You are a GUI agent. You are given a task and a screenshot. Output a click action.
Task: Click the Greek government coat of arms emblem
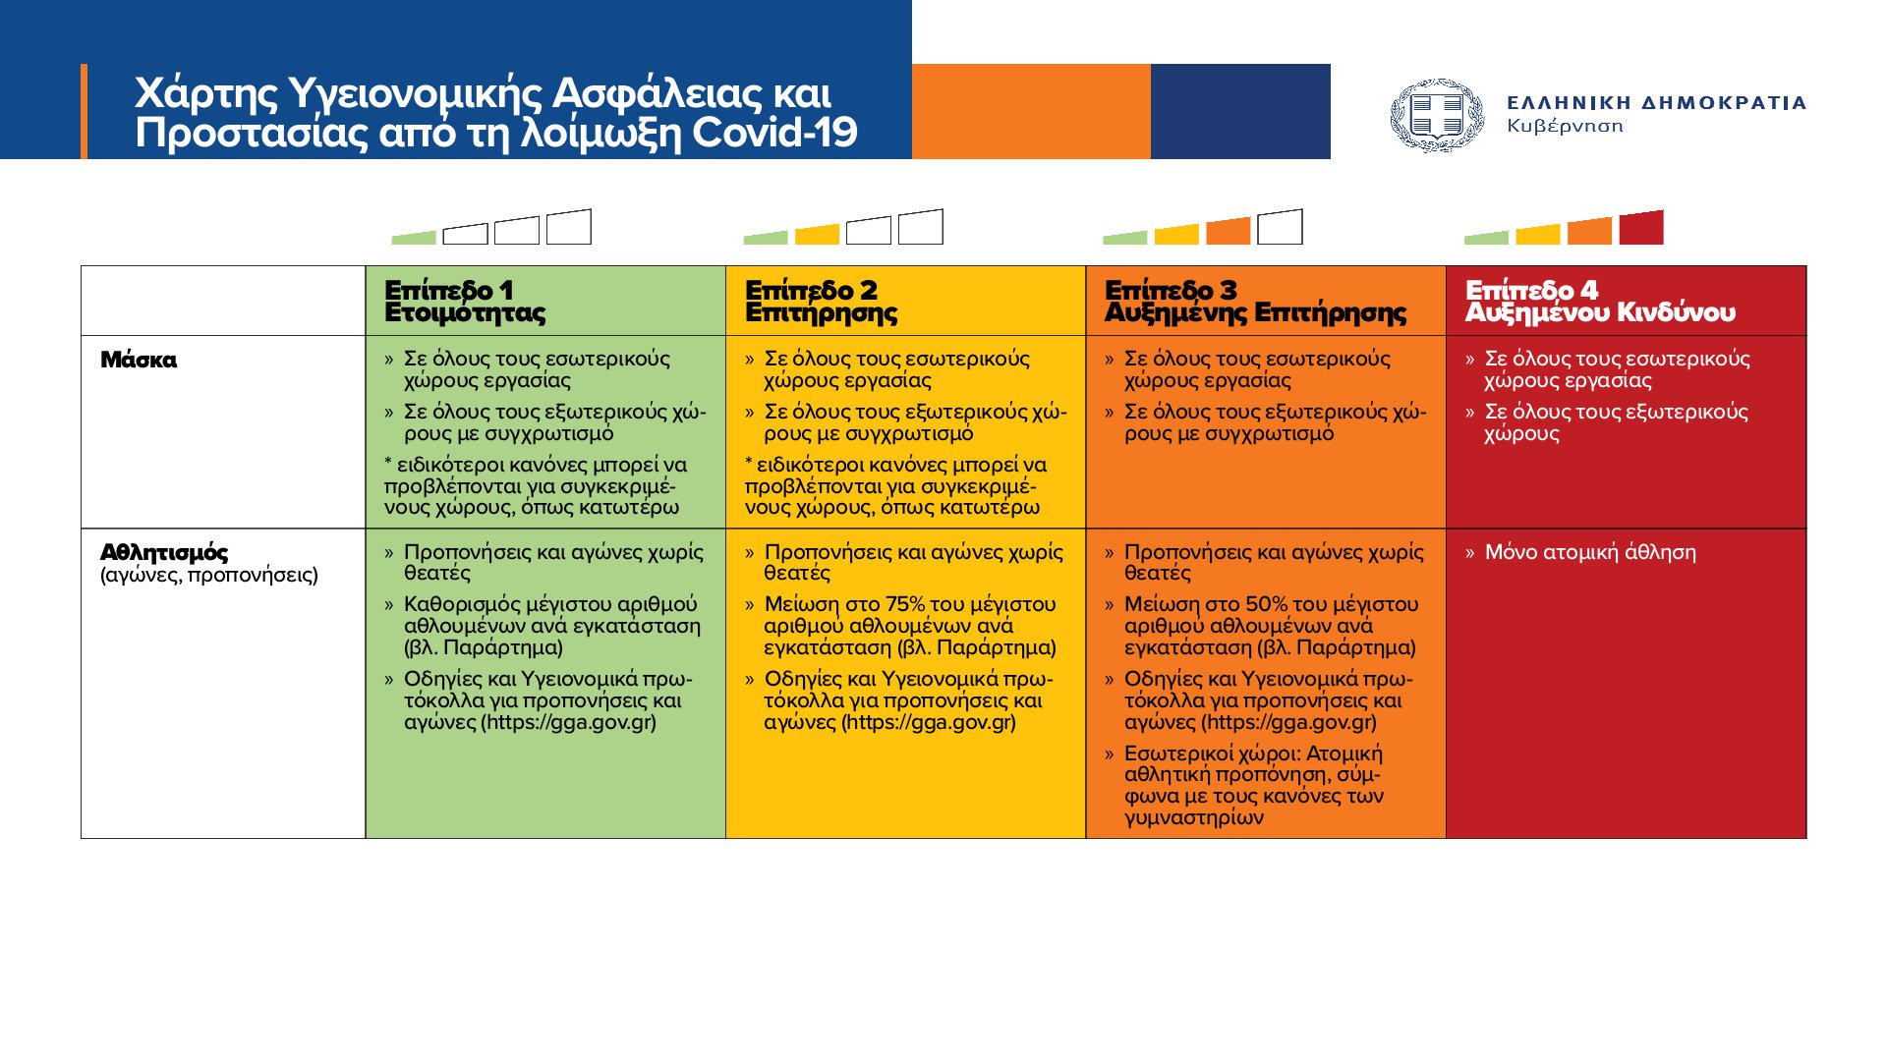pyautogui.click(x=1437, y=116)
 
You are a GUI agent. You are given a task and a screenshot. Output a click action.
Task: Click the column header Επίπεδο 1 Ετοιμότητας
pyautogui.click(x=465, y=302)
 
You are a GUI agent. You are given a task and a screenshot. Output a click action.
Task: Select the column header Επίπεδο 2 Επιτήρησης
pyautogui.click(x=821, y=302)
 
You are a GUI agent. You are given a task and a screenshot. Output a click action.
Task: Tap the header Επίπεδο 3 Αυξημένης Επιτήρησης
pyautogui.click(x=1255, y=302)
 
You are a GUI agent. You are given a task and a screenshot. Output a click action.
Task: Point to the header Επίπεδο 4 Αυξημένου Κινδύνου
pyautogui.click(x=1599, y=302)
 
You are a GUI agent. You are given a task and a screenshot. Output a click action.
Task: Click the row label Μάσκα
pyautogui.click(x=139, y=360)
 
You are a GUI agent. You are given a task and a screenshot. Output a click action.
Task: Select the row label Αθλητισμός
pyautogui.click(x=164, y=552)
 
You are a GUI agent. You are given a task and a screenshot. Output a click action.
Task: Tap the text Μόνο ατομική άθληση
pyautogui.click(x=1589, y=552)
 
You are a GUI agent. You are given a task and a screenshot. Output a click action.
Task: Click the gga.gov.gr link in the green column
pyautogui.click(x=568, y=722)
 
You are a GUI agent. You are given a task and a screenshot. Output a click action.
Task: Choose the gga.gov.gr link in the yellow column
pyautogui.click(x=929, y=722)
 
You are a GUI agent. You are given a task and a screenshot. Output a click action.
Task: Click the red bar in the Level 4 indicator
pyautogui.click(x=1641, y=229)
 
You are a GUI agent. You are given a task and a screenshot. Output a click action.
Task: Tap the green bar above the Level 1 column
pyautogui.click(x=414, y=238)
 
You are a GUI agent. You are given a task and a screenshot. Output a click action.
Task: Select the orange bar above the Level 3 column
pyautogui.click(x=1228, y=232)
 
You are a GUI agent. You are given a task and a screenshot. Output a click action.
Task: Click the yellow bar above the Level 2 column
pyautogui.click(x=817, y=235)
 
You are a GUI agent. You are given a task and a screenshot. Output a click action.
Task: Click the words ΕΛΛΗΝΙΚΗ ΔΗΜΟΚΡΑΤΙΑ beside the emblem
pyautogui.click(x=1656, y=102)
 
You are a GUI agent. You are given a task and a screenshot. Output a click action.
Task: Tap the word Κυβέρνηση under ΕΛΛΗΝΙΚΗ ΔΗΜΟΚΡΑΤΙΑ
pyautogui.click(x=1565, y=126)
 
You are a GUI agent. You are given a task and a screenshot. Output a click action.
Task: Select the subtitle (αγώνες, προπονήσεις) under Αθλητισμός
pyautogui.click(x=208, y=575)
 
